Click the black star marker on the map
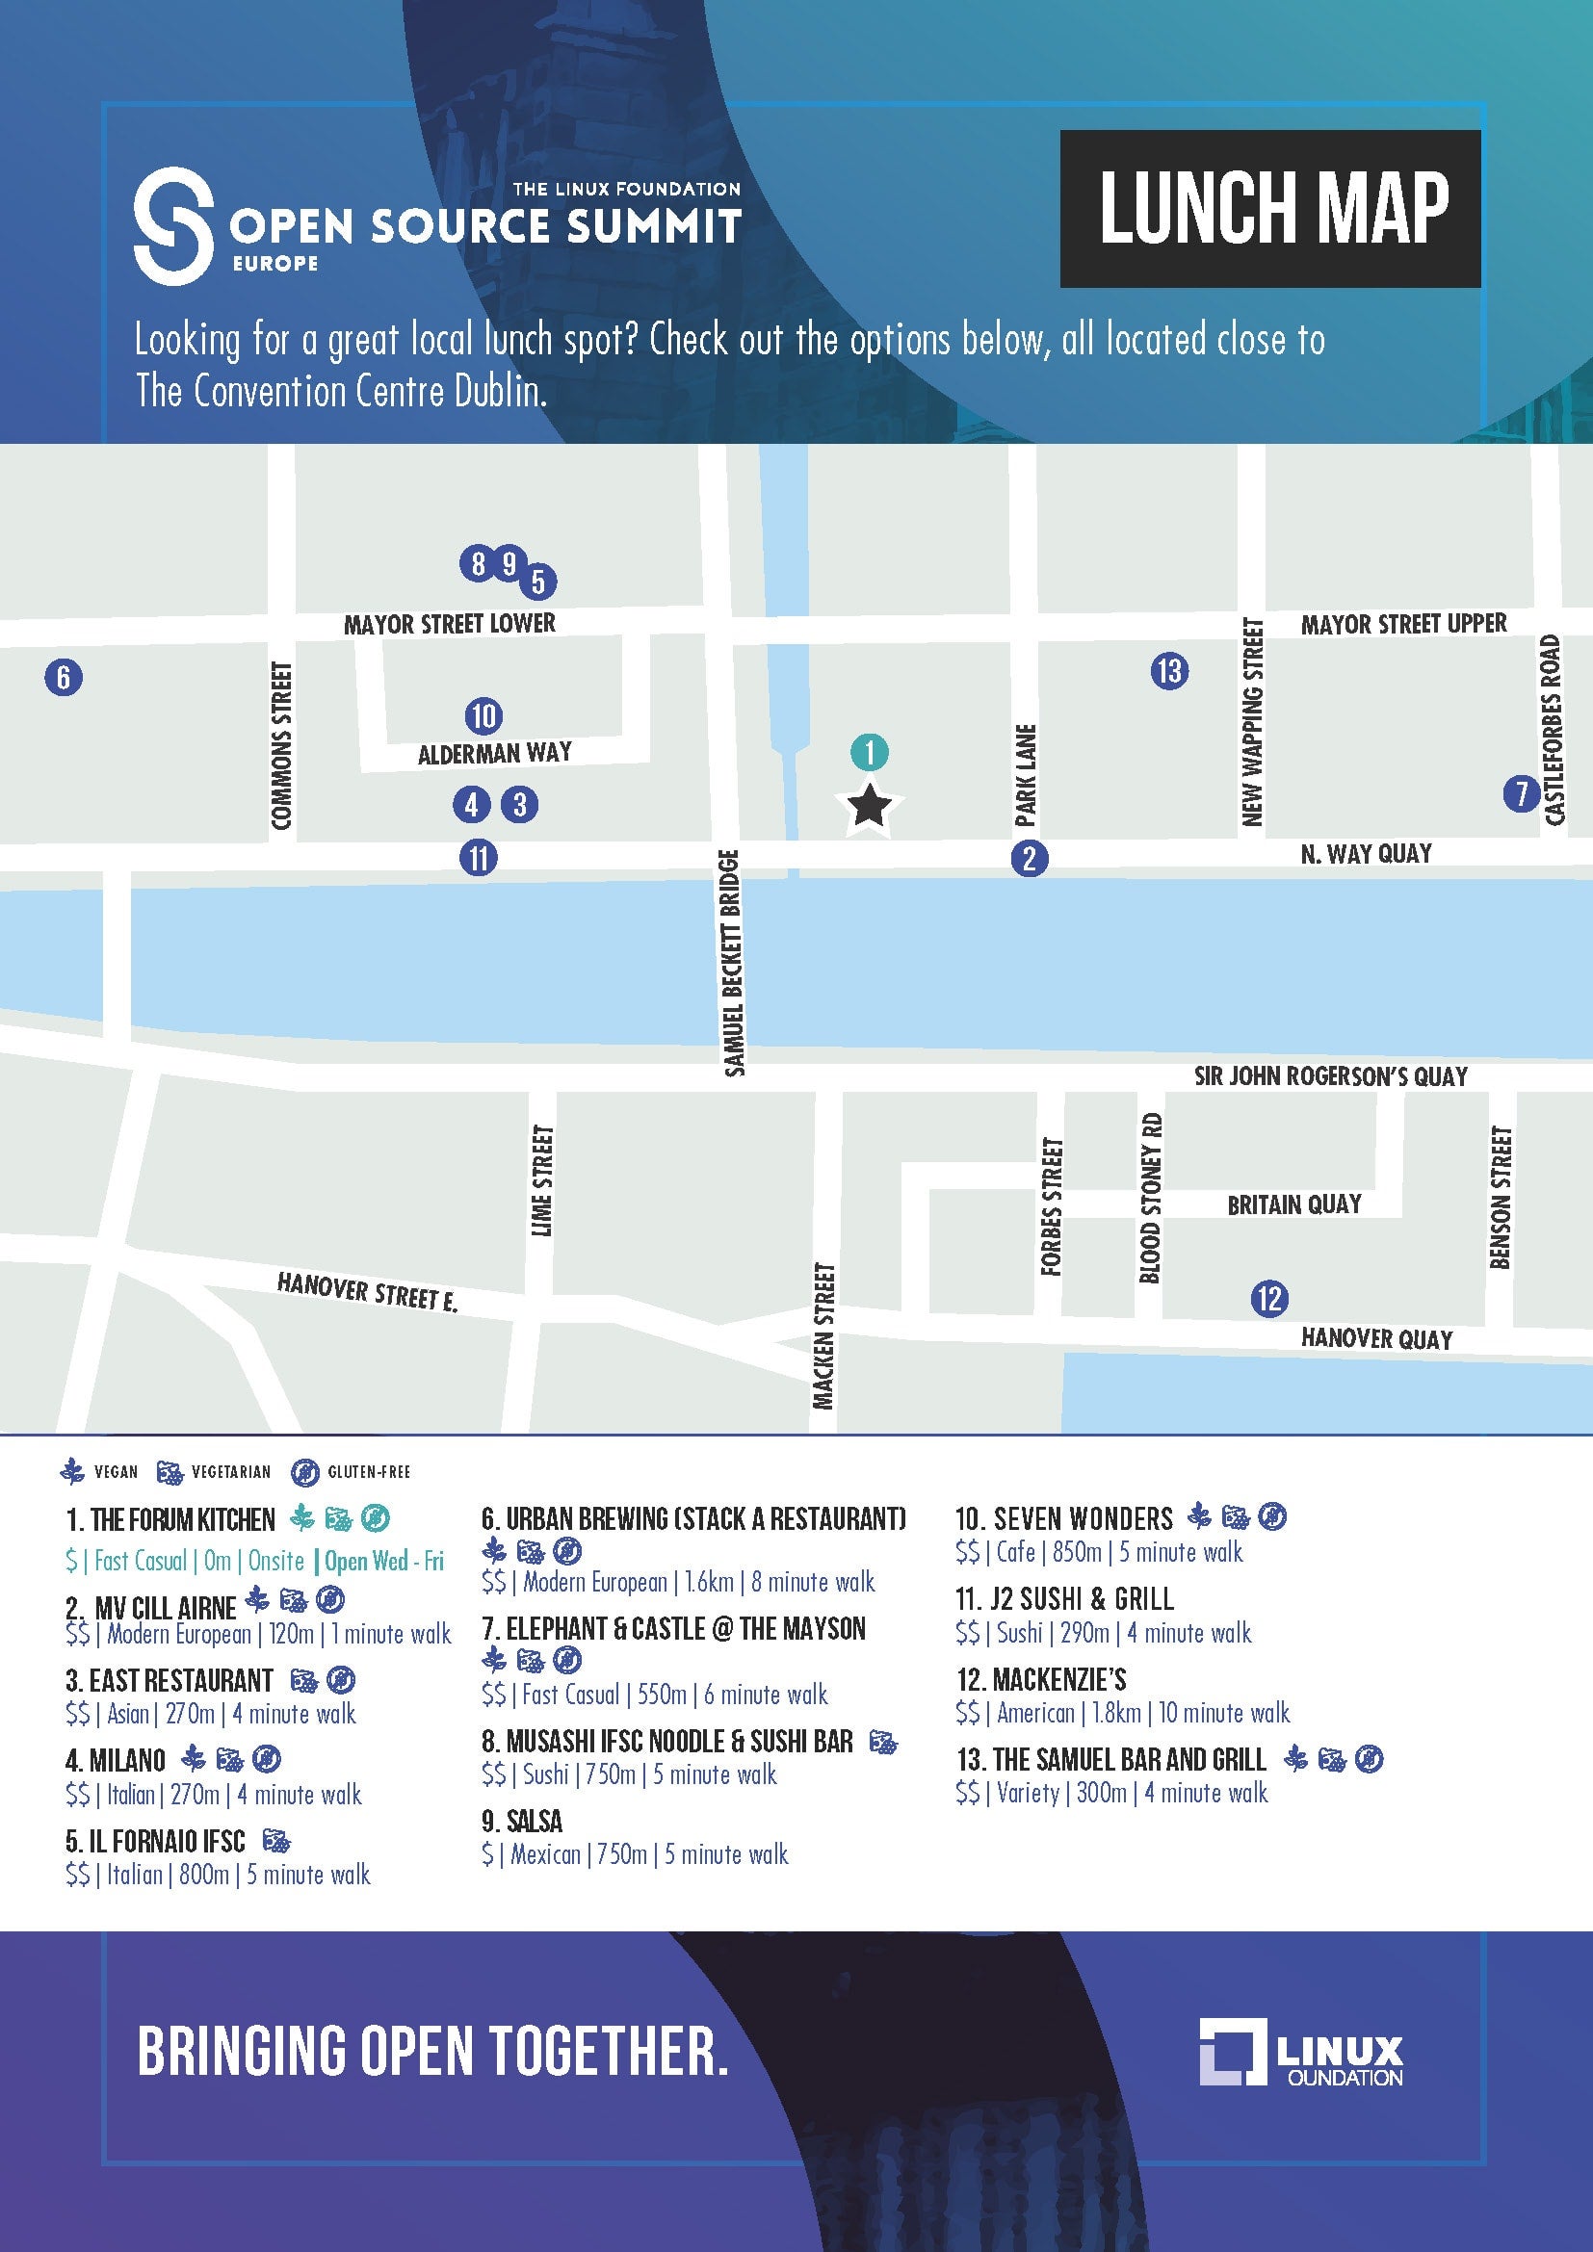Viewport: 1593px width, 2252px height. click(869, 806)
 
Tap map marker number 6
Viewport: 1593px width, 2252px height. click(64, 677)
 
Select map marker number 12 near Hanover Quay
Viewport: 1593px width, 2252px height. click(1269, 1299)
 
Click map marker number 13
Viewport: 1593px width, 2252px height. click(1169, 671)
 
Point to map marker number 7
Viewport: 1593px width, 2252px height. click(1521, 792)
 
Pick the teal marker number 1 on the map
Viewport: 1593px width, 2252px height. click(869, 752)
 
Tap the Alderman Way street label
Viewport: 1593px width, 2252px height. click(494, 753)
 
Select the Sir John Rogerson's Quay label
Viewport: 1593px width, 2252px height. click(1330, 1076)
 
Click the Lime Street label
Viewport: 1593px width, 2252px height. click(541, 1180)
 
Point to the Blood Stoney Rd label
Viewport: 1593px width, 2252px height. click(1151, 1198)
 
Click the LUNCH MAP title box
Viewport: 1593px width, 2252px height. click(1270, 208)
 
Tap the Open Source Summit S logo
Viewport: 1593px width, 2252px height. click(173, 225)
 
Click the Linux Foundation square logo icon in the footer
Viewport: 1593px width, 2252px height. click(1232, 2051)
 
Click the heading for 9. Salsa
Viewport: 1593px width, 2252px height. click(522, 1822)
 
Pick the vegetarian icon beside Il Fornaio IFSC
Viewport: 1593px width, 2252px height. click(276, 1840)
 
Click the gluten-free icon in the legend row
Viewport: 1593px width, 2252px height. click(305, 1472)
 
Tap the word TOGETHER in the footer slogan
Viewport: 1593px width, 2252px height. click(608, 2051)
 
